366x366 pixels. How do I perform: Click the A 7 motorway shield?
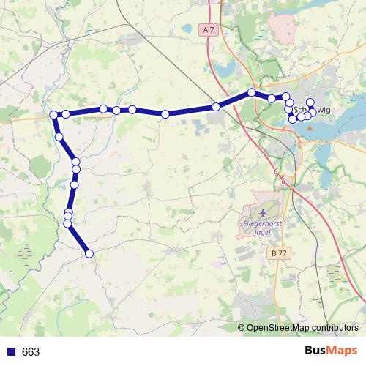coord(209,30)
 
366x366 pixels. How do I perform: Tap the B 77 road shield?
coord(276,253)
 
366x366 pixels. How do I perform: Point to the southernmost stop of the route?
coord(89,254)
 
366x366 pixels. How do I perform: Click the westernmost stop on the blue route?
coord(53,115)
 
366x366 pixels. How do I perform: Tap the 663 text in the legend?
coord(31,352)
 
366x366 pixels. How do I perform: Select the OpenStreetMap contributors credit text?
coord(301,329)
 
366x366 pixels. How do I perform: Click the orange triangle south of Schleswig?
coord(309,127)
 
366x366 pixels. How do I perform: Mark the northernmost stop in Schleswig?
coord(310,102)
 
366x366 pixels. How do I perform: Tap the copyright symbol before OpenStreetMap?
coord(242,329)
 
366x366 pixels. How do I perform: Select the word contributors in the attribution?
coord(335,329)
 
